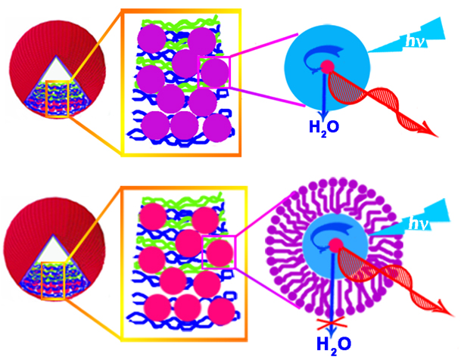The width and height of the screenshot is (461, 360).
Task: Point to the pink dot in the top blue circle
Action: point(327,67)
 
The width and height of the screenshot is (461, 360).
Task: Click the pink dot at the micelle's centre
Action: point(329,251)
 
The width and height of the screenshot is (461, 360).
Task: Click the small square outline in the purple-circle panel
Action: point(213,70)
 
